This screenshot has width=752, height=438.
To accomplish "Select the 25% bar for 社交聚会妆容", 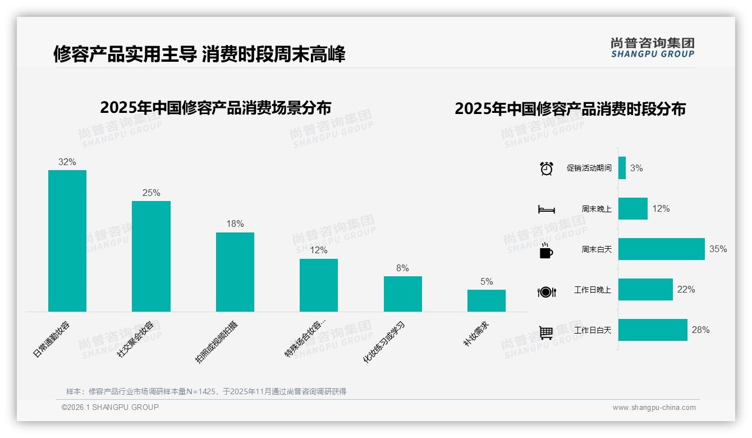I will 151,256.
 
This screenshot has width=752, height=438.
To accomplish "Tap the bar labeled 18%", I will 235,272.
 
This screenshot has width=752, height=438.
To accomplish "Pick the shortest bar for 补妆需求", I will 487,300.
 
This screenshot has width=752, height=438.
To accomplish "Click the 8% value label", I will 402,268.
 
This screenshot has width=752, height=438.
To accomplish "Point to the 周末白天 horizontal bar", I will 661,249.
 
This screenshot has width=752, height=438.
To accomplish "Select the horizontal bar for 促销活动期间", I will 622,168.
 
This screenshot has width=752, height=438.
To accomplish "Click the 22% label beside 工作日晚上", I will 686,290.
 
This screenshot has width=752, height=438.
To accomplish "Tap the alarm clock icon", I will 546,168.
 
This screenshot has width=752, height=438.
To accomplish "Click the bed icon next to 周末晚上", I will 546,209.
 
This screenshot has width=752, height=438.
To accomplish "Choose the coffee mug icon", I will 546,251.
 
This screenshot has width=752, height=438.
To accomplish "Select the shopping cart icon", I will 546,332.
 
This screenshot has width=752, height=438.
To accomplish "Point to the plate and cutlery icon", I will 546,292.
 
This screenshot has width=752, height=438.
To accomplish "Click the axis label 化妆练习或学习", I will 384,343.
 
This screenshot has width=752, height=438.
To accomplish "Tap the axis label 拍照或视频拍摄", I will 217,343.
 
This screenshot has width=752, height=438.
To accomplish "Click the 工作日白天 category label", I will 593,330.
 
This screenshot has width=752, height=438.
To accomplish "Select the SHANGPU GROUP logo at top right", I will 653,48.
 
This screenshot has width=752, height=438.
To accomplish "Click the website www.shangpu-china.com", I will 654,408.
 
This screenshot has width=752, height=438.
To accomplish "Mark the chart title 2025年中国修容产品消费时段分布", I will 570,109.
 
